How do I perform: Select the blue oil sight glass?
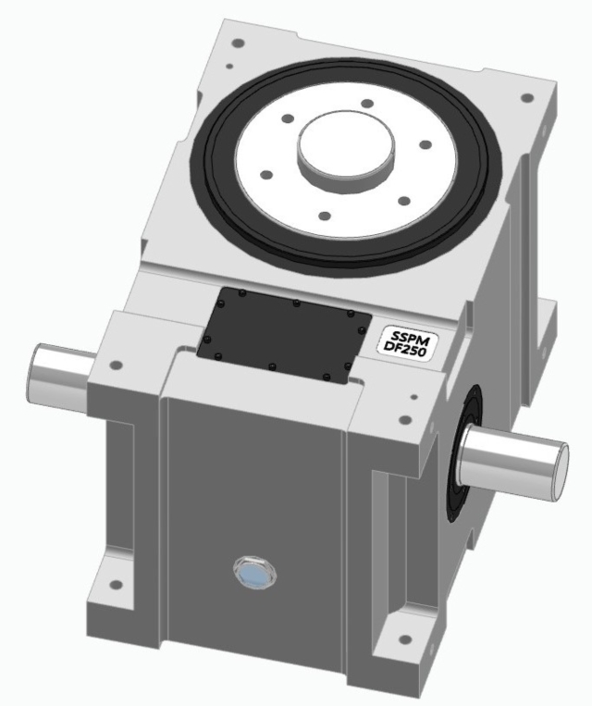tap(253, 575)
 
